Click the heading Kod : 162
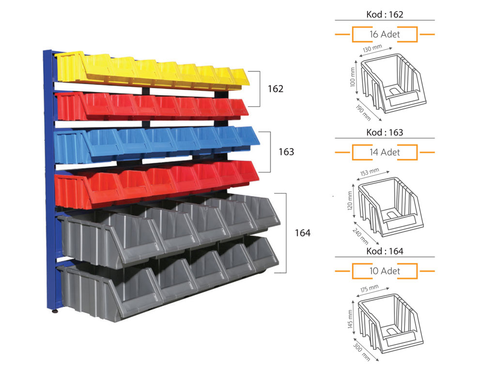pos(385,15)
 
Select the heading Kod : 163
pos(385,132)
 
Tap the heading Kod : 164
pos(385,251)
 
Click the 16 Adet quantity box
pos(385,34)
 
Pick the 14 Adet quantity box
pos(385,152)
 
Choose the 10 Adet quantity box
pos(385,271)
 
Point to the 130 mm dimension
pos(372,48)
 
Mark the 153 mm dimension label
pos(370,172)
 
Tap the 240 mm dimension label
pos(360,236)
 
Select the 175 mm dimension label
pos(369,289)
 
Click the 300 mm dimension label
pos(361,352)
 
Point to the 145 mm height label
pos(350,319)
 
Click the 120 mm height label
pos(350,201)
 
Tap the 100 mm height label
pos(353,77)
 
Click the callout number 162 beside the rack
pos(276,89)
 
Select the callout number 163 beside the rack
pos(286,152)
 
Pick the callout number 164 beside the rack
pos(303,233)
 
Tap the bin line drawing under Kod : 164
pos(390,323)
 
